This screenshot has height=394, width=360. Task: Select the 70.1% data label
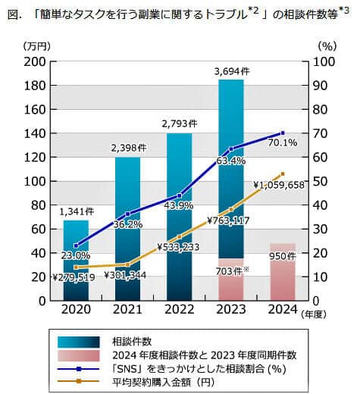pos(282,142)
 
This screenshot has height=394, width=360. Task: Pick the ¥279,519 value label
pos(74,277)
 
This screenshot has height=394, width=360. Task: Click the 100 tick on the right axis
pos(321,62)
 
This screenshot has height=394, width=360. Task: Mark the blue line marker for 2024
pos(283,133)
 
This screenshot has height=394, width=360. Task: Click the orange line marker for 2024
pos(283,174)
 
